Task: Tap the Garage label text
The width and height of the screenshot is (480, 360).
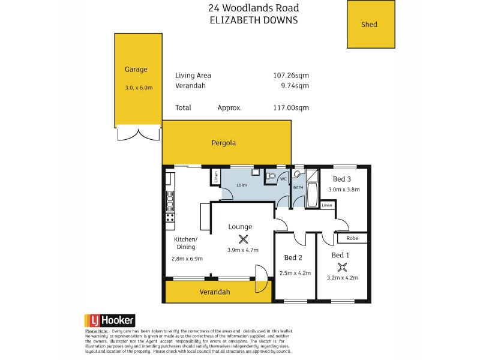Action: tap(136, 70)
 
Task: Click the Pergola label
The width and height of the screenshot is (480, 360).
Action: tap(223, 143)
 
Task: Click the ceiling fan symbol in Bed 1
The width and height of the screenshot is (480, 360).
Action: tap(343, 268)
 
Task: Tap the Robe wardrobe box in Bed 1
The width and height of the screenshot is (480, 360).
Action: tap(352, 238)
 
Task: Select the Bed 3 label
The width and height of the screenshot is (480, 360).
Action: tap(342, 179)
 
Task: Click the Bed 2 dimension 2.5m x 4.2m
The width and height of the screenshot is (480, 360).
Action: tap(295, 273)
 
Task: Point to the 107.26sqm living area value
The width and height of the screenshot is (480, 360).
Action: tap(290, 76)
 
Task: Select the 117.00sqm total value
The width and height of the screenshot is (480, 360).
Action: tap(290, 108)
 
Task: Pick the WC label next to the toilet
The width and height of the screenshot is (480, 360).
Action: tap(283, 179)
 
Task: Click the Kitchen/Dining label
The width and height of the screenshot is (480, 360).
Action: tap(185, 243)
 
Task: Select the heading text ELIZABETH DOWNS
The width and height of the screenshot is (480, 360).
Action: tap(253, 19)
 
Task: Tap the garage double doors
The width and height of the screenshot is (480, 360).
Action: tap(139, 133)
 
